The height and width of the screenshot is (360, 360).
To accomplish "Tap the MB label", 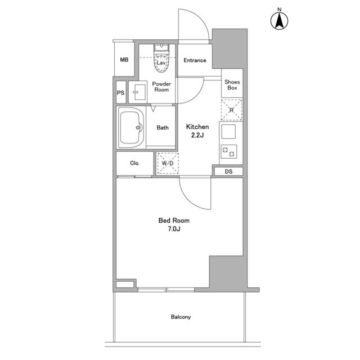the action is pyautogui.click(x=124, y=60).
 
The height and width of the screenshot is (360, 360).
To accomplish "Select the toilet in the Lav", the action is pyautogui.click(x=161, y=58).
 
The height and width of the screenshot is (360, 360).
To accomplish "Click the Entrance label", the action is pyautogui.click(x=195, y=60).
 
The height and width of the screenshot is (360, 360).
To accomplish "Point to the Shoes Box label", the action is pyautogui.click(x=232, y=85).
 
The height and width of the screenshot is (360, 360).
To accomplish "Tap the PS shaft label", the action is pyautogui.click(x=120, y=93).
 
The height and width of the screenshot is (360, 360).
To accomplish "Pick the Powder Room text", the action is pyautogui.click(x=161, y=87).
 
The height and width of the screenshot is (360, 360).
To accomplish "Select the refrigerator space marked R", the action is pyautogui.click(x=231, y=110).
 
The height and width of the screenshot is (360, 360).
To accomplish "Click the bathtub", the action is pyautogui.click(x=131, y=128).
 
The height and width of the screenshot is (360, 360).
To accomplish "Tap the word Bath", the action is pyautogui.click(x=163, y=128).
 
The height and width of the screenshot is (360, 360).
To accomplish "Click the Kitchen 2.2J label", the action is pyautogui.click(x=197, y=131).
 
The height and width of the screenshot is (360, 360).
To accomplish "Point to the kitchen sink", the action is pyautogui.click(x=228, y=132).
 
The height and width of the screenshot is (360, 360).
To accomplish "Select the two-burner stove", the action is pyautogui.click(x=229, y=151).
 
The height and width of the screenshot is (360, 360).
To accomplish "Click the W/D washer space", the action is pyautogui.click(x=168, y=163).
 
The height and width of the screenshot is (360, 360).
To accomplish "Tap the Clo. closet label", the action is pyautogui.click(x=134, y=163).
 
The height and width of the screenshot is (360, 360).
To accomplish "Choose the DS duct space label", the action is pyautogui.click(x=228, y=172).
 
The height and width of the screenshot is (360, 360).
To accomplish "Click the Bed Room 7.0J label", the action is pyautogui.click(x=174, y=224).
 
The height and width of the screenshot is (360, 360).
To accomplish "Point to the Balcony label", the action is pyautogui.click(x=181, y=317).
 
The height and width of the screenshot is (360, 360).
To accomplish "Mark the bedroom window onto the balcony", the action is pyautogui.click(x=166, y=290).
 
